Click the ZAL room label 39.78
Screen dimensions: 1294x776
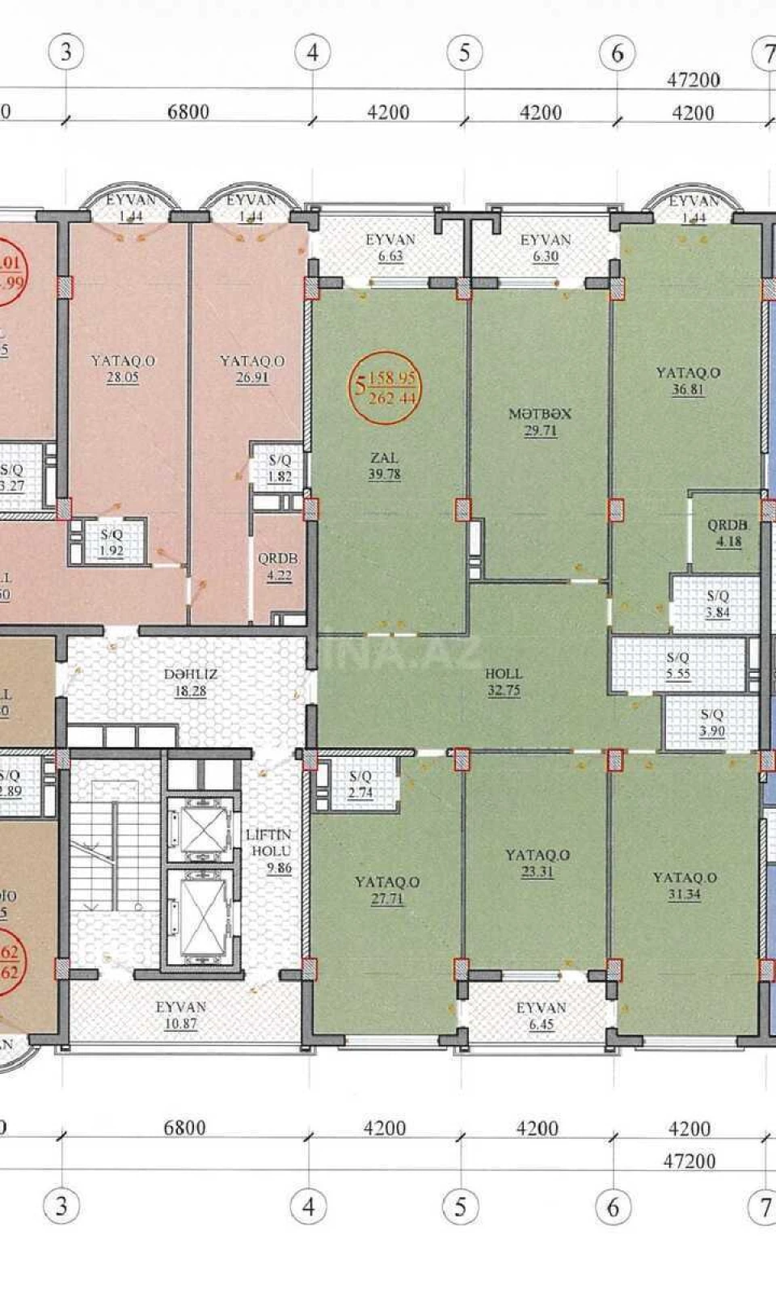384,467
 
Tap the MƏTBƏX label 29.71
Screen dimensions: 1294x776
540,421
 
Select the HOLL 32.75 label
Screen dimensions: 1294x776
504,682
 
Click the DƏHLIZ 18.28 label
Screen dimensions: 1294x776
191,682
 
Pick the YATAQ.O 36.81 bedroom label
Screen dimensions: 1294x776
688,381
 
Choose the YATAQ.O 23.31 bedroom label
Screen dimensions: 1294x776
538,863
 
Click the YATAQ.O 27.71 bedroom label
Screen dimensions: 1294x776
387,890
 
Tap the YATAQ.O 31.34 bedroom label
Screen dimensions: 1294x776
685,886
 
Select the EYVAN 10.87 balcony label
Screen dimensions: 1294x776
181,1015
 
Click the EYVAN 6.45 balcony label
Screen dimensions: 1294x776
541,1016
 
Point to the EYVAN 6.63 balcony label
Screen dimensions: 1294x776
390,247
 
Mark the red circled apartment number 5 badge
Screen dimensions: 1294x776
387,388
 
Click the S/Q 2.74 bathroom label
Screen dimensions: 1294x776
361,784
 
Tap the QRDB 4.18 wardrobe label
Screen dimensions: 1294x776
728,533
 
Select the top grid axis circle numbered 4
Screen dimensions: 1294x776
313,53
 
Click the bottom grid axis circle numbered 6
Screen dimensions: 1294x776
613,1207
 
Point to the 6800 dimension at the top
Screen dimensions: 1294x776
188,112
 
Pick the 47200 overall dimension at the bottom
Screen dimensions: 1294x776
690,1161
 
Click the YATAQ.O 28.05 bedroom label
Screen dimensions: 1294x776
123,369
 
